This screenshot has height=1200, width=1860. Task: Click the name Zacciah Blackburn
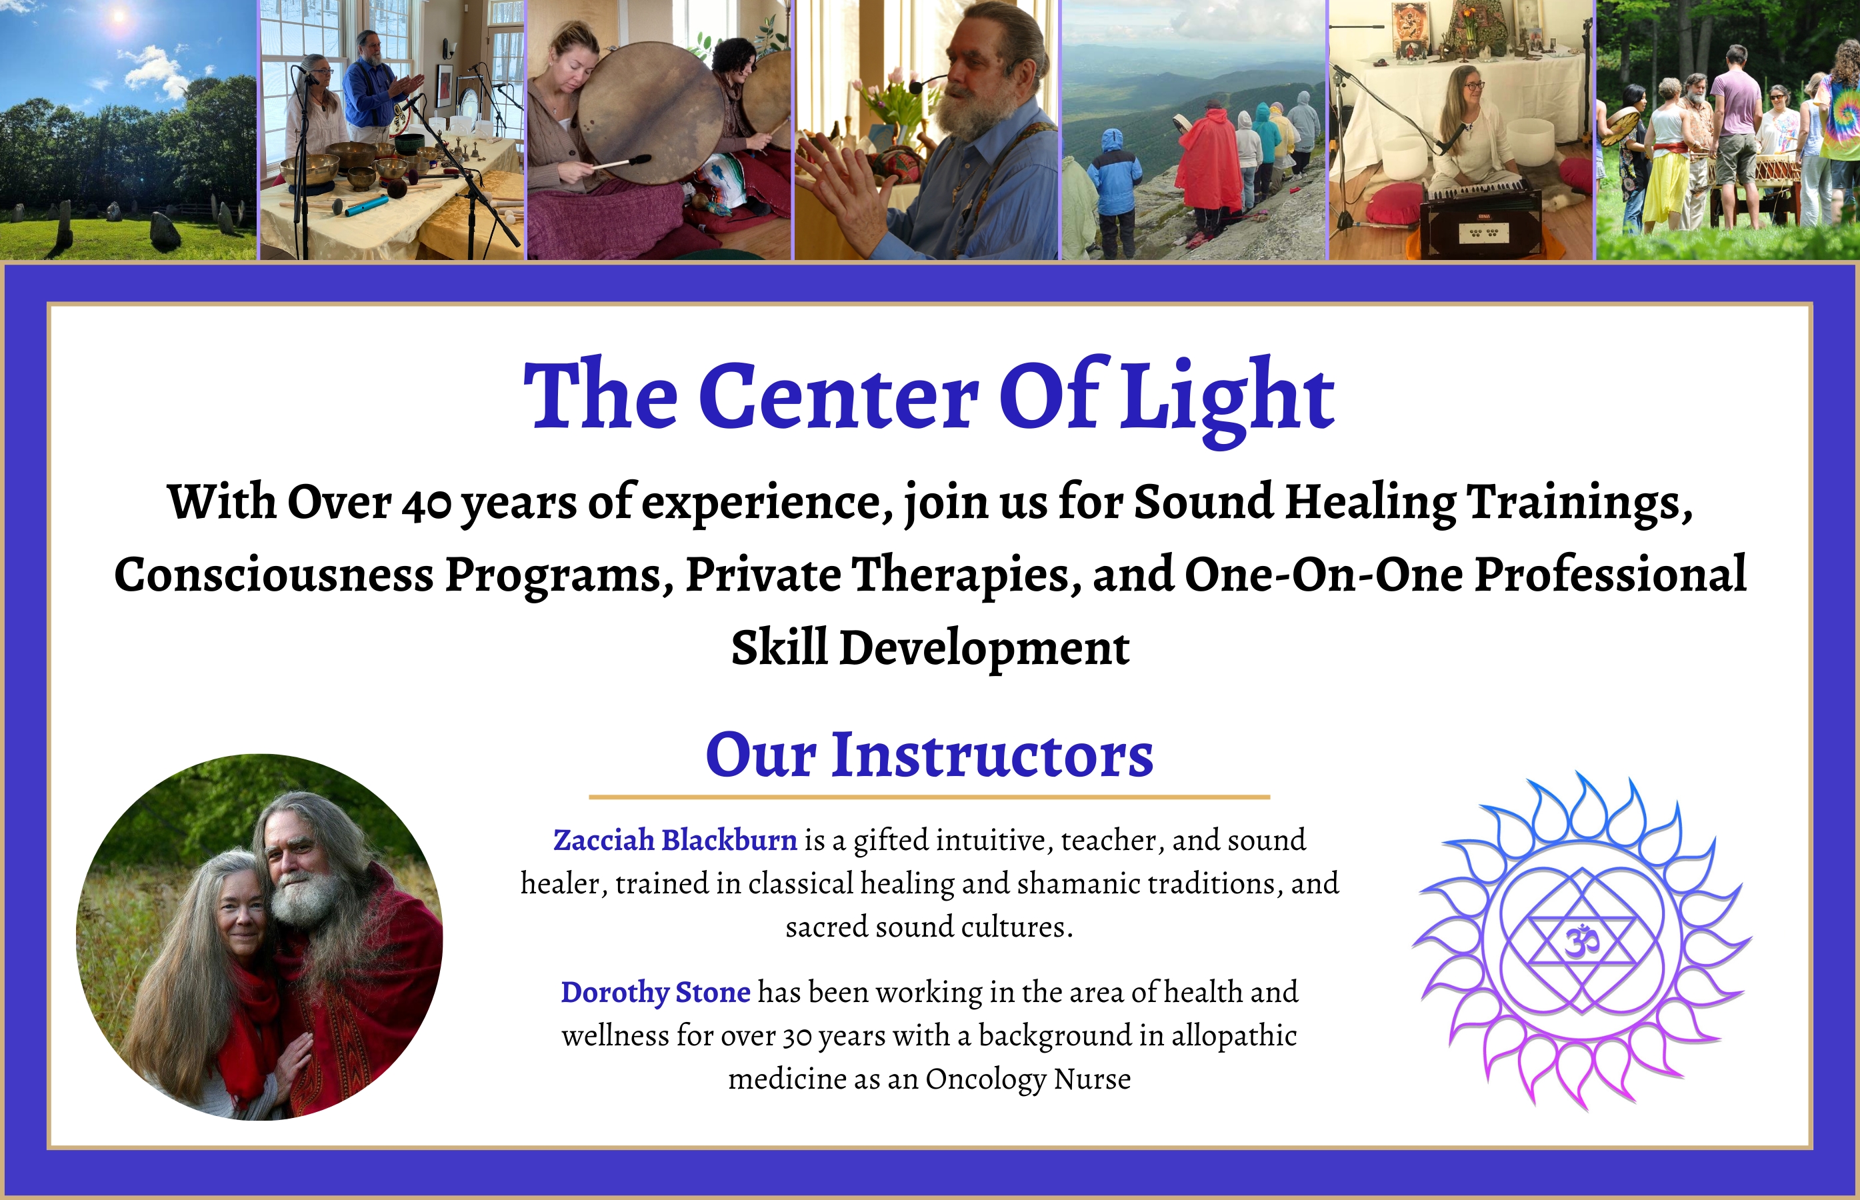[x=675, y=840]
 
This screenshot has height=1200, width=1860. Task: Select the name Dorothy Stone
[x=655, y=992]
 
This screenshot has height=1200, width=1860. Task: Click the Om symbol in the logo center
[x=1581, y=941]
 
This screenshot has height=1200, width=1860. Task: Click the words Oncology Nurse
[x=1028, y=1079]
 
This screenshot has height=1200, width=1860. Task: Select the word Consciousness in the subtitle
[x=273, y=575]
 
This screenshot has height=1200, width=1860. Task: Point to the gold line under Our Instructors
[x=929, y=797]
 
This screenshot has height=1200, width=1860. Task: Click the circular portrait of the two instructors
[x=259, y=937]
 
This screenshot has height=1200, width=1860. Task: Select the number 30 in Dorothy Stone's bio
[x=797, y=1037]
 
